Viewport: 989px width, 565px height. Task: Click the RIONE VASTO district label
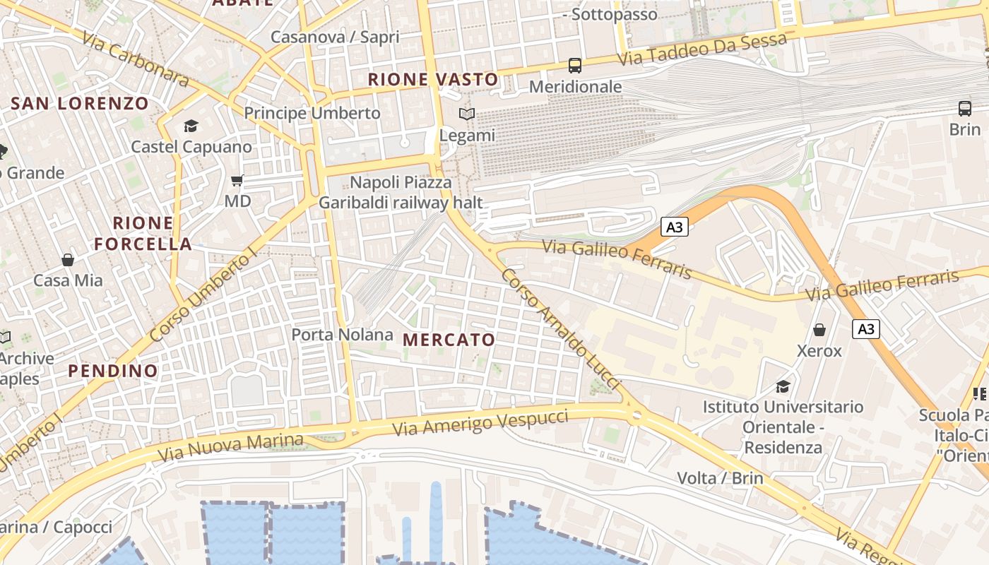tap(432, 80)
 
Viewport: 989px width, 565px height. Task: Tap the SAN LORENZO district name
tap(80, 104)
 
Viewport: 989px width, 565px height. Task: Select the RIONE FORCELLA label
tap(143, 234)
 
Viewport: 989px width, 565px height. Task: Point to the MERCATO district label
tap(449, 340)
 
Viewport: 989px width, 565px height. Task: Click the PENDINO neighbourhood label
tap(113, 371)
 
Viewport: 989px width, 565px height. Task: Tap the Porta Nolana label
tap(343, 334)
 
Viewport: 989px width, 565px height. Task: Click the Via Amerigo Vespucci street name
tap(480, 422)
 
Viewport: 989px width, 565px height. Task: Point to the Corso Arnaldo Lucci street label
tap(560, 328)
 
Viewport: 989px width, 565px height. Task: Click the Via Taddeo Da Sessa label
tap(702, 49)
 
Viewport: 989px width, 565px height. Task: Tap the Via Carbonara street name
tap(135, 59)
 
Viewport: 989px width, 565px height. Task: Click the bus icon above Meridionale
tap(575, 66)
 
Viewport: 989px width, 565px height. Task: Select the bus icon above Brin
tap(965, 108)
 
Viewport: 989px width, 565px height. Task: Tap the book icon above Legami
tap(467, 114)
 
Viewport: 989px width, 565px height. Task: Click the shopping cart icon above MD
tap(237, 181)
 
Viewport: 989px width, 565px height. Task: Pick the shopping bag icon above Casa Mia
tap(68, 260)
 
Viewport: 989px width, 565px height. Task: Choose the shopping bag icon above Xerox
tap(819, 330)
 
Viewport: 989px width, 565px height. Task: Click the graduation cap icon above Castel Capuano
tap(191, 126)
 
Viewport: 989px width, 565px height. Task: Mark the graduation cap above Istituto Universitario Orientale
tap(783, 386)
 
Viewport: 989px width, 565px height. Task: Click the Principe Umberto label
tap(312, 113)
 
